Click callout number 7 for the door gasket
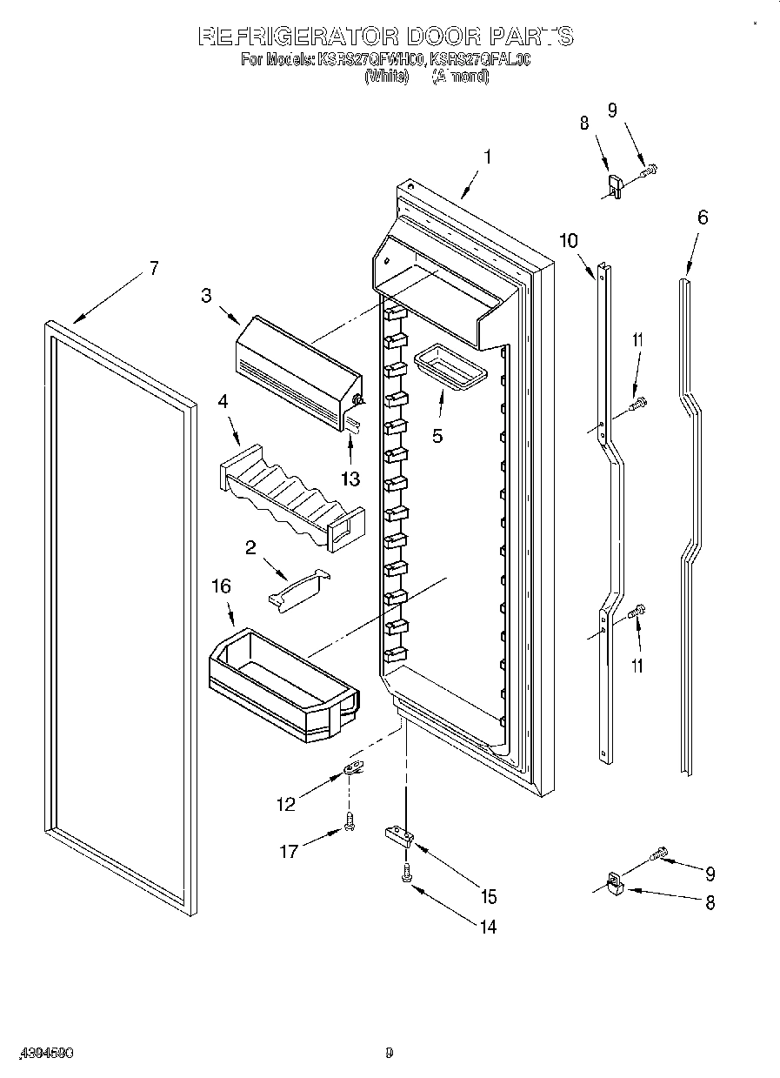pyautogui.click(x=153, y=269)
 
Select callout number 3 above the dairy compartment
pyautogui.click(x=206, y=296)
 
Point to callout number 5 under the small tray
pyautogui.click(x=437, y=435)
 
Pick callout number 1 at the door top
pyautogui.click(x=487, y=157)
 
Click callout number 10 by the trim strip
pyautogui.click(x=568, y=241)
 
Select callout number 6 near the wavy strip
pyautogui.click(x=702, y=218)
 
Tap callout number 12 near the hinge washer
pyautogui.click(x=286, y=805)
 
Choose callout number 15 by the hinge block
pyautogui.click(x=489, y=895)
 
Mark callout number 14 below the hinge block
pyautogui.click(x=488, y=927)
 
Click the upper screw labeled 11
pyautogui.click(x=640, y=403)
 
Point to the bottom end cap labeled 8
pyautogui.click(x=616, y=885)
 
